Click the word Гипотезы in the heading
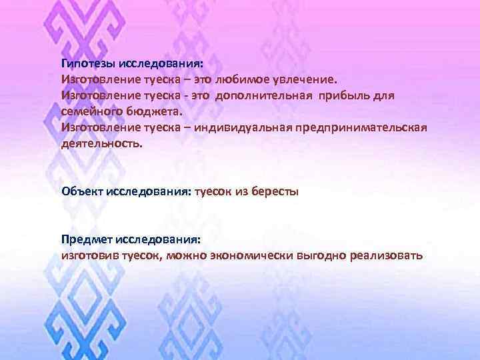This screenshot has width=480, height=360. (88, 64)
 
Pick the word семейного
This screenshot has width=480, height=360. (89, 111)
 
